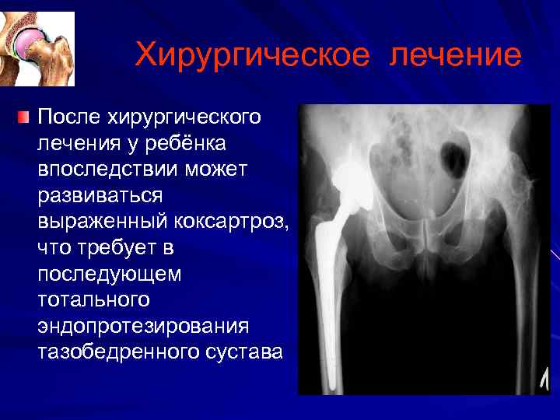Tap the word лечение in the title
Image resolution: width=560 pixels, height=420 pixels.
(456, 56)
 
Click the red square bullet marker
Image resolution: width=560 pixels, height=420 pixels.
(23, 117)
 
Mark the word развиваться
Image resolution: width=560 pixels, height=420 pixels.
(97, 196)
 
